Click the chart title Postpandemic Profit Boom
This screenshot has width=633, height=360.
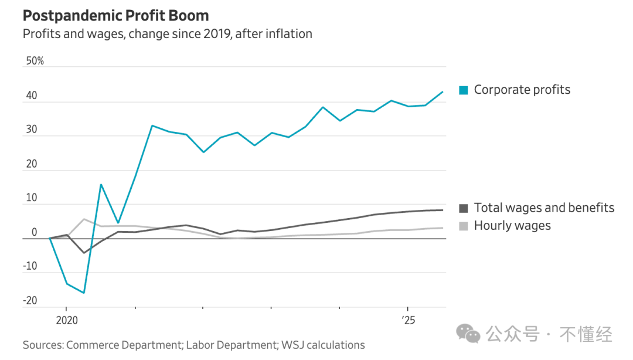(x=115, y=15)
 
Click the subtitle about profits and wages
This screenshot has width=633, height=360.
(x=167, y=34)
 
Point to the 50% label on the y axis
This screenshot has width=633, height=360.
(x=35, y=61)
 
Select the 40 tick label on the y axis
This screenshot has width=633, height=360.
(x=31, y=96)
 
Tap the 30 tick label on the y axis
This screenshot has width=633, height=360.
(x=31, y=130)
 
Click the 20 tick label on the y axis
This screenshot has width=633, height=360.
(x=31, y=164)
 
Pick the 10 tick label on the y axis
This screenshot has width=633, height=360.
(x=31, y=198)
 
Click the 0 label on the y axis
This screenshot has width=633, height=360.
(x=34, y=232)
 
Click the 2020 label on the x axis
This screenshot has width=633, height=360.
(x=66, y=321)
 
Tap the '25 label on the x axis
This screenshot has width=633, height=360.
(x=408, y=321)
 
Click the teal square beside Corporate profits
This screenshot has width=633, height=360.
(x=464, y=90)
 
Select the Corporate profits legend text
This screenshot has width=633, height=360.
(x=522, y=90)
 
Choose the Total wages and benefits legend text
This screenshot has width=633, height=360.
(x=544, y=208)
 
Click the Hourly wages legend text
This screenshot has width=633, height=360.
(x=512, y=226)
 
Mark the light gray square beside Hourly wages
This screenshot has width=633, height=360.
(x=464, y=226)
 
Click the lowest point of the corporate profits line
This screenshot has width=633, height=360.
(x=84, y=293)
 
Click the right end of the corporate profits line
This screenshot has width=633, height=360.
(x=443, y=92)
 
